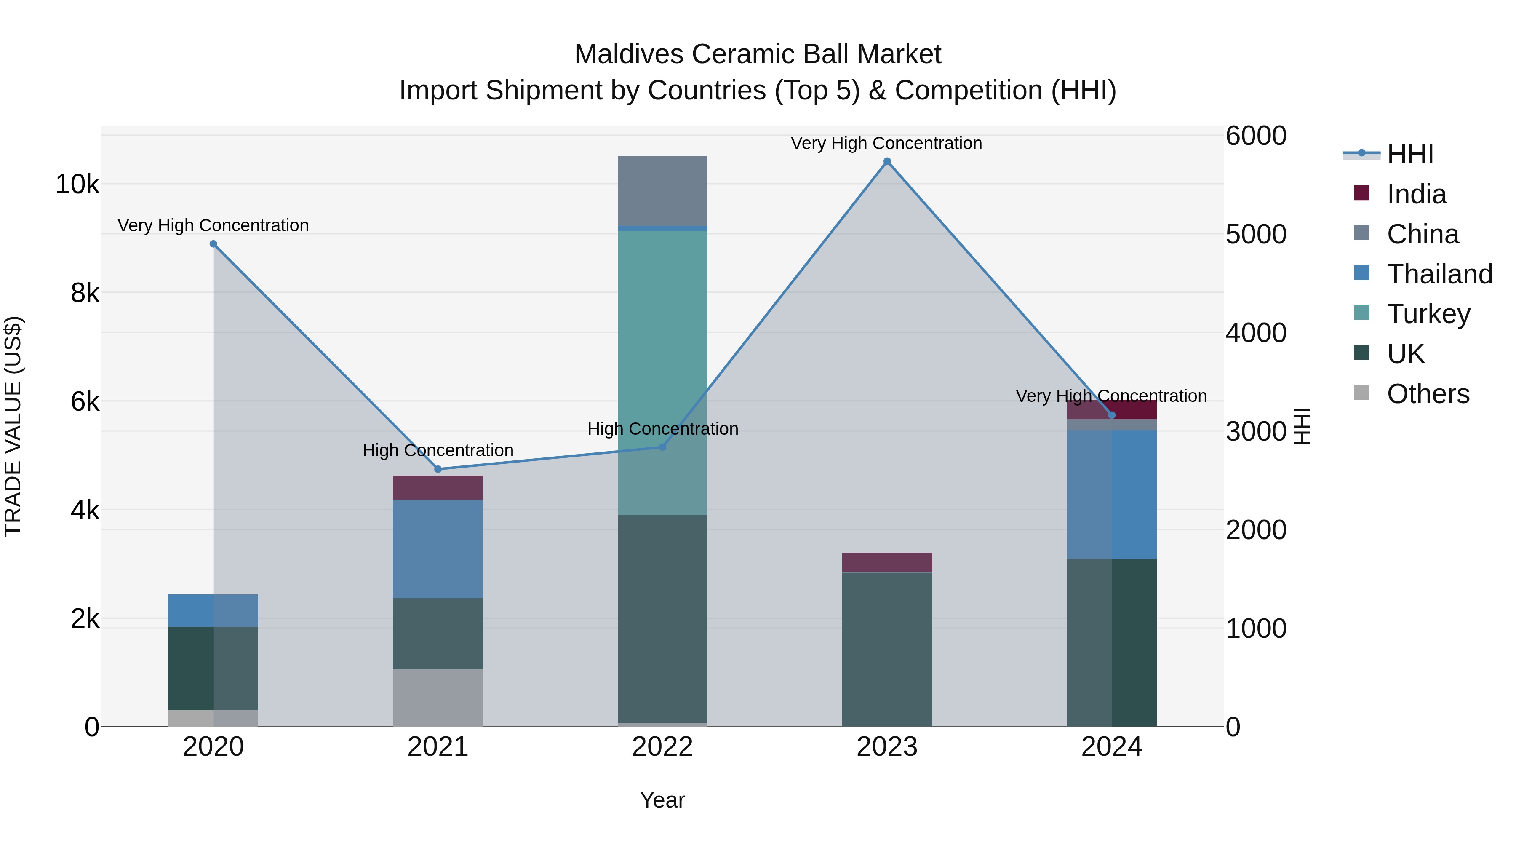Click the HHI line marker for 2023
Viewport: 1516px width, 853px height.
point(887,161)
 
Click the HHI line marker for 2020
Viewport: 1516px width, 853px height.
point(214,244)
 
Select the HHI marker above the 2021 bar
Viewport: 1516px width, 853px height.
point(438,469)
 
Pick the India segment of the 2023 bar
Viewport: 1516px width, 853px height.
point(887,562)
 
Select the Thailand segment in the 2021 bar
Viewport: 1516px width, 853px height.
point(438,548)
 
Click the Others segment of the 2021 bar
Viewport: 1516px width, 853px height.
point(438,698)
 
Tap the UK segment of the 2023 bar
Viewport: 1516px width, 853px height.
point(887,649)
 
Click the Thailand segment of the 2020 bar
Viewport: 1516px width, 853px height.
point(213,610)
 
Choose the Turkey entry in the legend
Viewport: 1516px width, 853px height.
point(1428,314)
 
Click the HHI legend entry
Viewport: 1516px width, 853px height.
point(1409,154)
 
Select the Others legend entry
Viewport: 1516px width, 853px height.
point(1428,394)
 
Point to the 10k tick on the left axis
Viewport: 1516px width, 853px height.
point(77,184)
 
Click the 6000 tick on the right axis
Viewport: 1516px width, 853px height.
point(1256,136)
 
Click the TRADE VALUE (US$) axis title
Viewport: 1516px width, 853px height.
point(13,426)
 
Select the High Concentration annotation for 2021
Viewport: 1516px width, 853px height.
point(438,450)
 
